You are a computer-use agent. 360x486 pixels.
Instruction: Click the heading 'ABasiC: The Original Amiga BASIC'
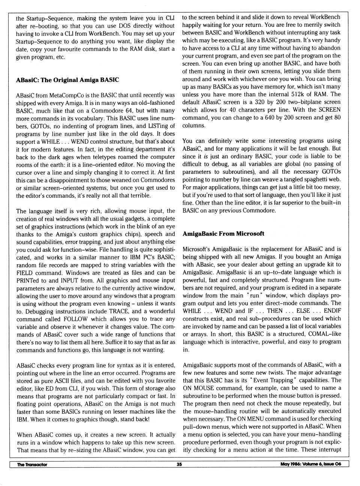(67, 80)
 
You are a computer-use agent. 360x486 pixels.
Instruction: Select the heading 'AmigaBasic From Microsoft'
(223, 233)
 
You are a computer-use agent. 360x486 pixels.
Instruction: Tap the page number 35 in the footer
(179, 464)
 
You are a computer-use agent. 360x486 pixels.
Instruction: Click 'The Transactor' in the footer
(32, 465)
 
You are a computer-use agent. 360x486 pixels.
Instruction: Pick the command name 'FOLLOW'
(75, 319)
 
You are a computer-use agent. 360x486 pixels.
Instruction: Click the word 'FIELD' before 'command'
(25, 272)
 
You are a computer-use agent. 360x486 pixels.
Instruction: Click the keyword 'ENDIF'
(332, 311)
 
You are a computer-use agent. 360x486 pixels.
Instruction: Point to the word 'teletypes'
(99, 157)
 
